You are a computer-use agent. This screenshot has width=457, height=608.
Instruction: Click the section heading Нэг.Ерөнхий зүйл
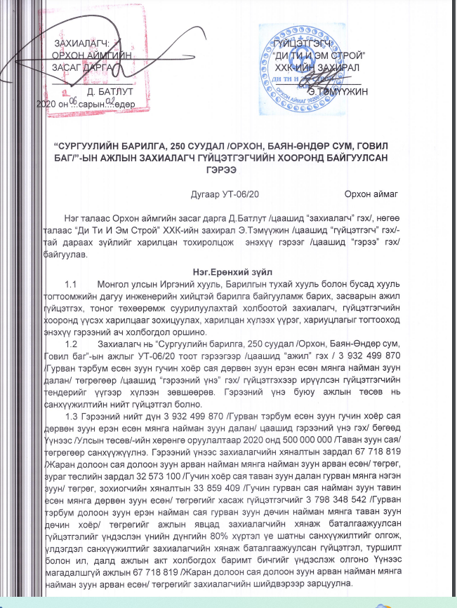pyautogui.click(x=228, y=270)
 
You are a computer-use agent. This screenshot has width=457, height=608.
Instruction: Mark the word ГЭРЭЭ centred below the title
pyautogui.click(x=229, y=169)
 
